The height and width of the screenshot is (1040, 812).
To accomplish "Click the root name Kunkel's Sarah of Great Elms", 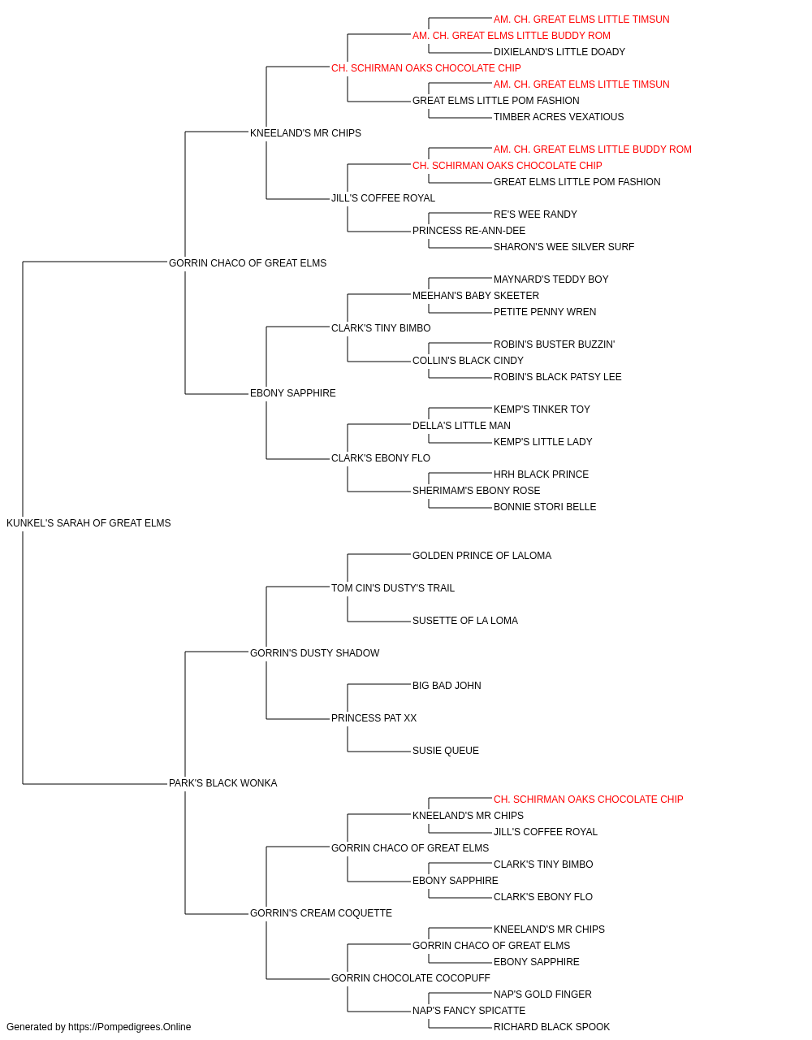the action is click(x=89, y=523).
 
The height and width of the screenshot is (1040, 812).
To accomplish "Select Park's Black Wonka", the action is click(x=222, y=783).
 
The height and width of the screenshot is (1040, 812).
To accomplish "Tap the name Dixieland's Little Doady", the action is click(x=559, y=52).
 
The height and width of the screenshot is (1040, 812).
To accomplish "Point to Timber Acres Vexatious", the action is click(x=559, y=117).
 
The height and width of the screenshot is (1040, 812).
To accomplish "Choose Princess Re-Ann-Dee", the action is click(x=469, y=231).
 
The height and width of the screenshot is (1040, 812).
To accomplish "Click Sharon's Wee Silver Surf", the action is click(x=564, y=247).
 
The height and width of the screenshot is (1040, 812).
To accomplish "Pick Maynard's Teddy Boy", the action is click(x=551, y=279).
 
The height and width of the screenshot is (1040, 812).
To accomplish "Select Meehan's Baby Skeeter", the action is click(x=475, y=296).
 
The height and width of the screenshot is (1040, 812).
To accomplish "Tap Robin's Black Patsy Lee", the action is click(x=558, y=377).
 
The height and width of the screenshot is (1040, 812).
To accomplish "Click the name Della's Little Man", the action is click(x=461, y=426).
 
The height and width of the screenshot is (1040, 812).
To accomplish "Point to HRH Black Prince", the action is click(x=541, y=474).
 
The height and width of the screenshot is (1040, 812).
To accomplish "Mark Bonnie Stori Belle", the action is click(x=545, y=507).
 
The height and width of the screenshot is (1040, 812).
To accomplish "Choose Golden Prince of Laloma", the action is click(x=482, y=556).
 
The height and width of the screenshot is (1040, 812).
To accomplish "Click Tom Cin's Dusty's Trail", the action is click(x=393, y=588).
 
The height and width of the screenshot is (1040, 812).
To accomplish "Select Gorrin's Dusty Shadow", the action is click(x=315, y=653).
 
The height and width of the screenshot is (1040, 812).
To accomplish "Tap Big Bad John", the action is click(x=447, y=686).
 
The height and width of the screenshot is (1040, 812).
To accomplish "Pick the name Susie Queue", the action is click(x=445, y=751).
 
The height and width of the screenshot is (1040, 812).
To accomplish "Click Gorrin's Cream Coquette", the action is click(x=321, y=913).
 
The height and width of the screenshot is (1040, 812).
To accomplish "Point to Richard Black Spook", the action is click(x=551, y=1027).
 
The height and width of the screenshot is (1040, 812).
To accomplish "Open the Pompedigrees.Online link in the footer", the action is click(x=129, y=1027).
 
